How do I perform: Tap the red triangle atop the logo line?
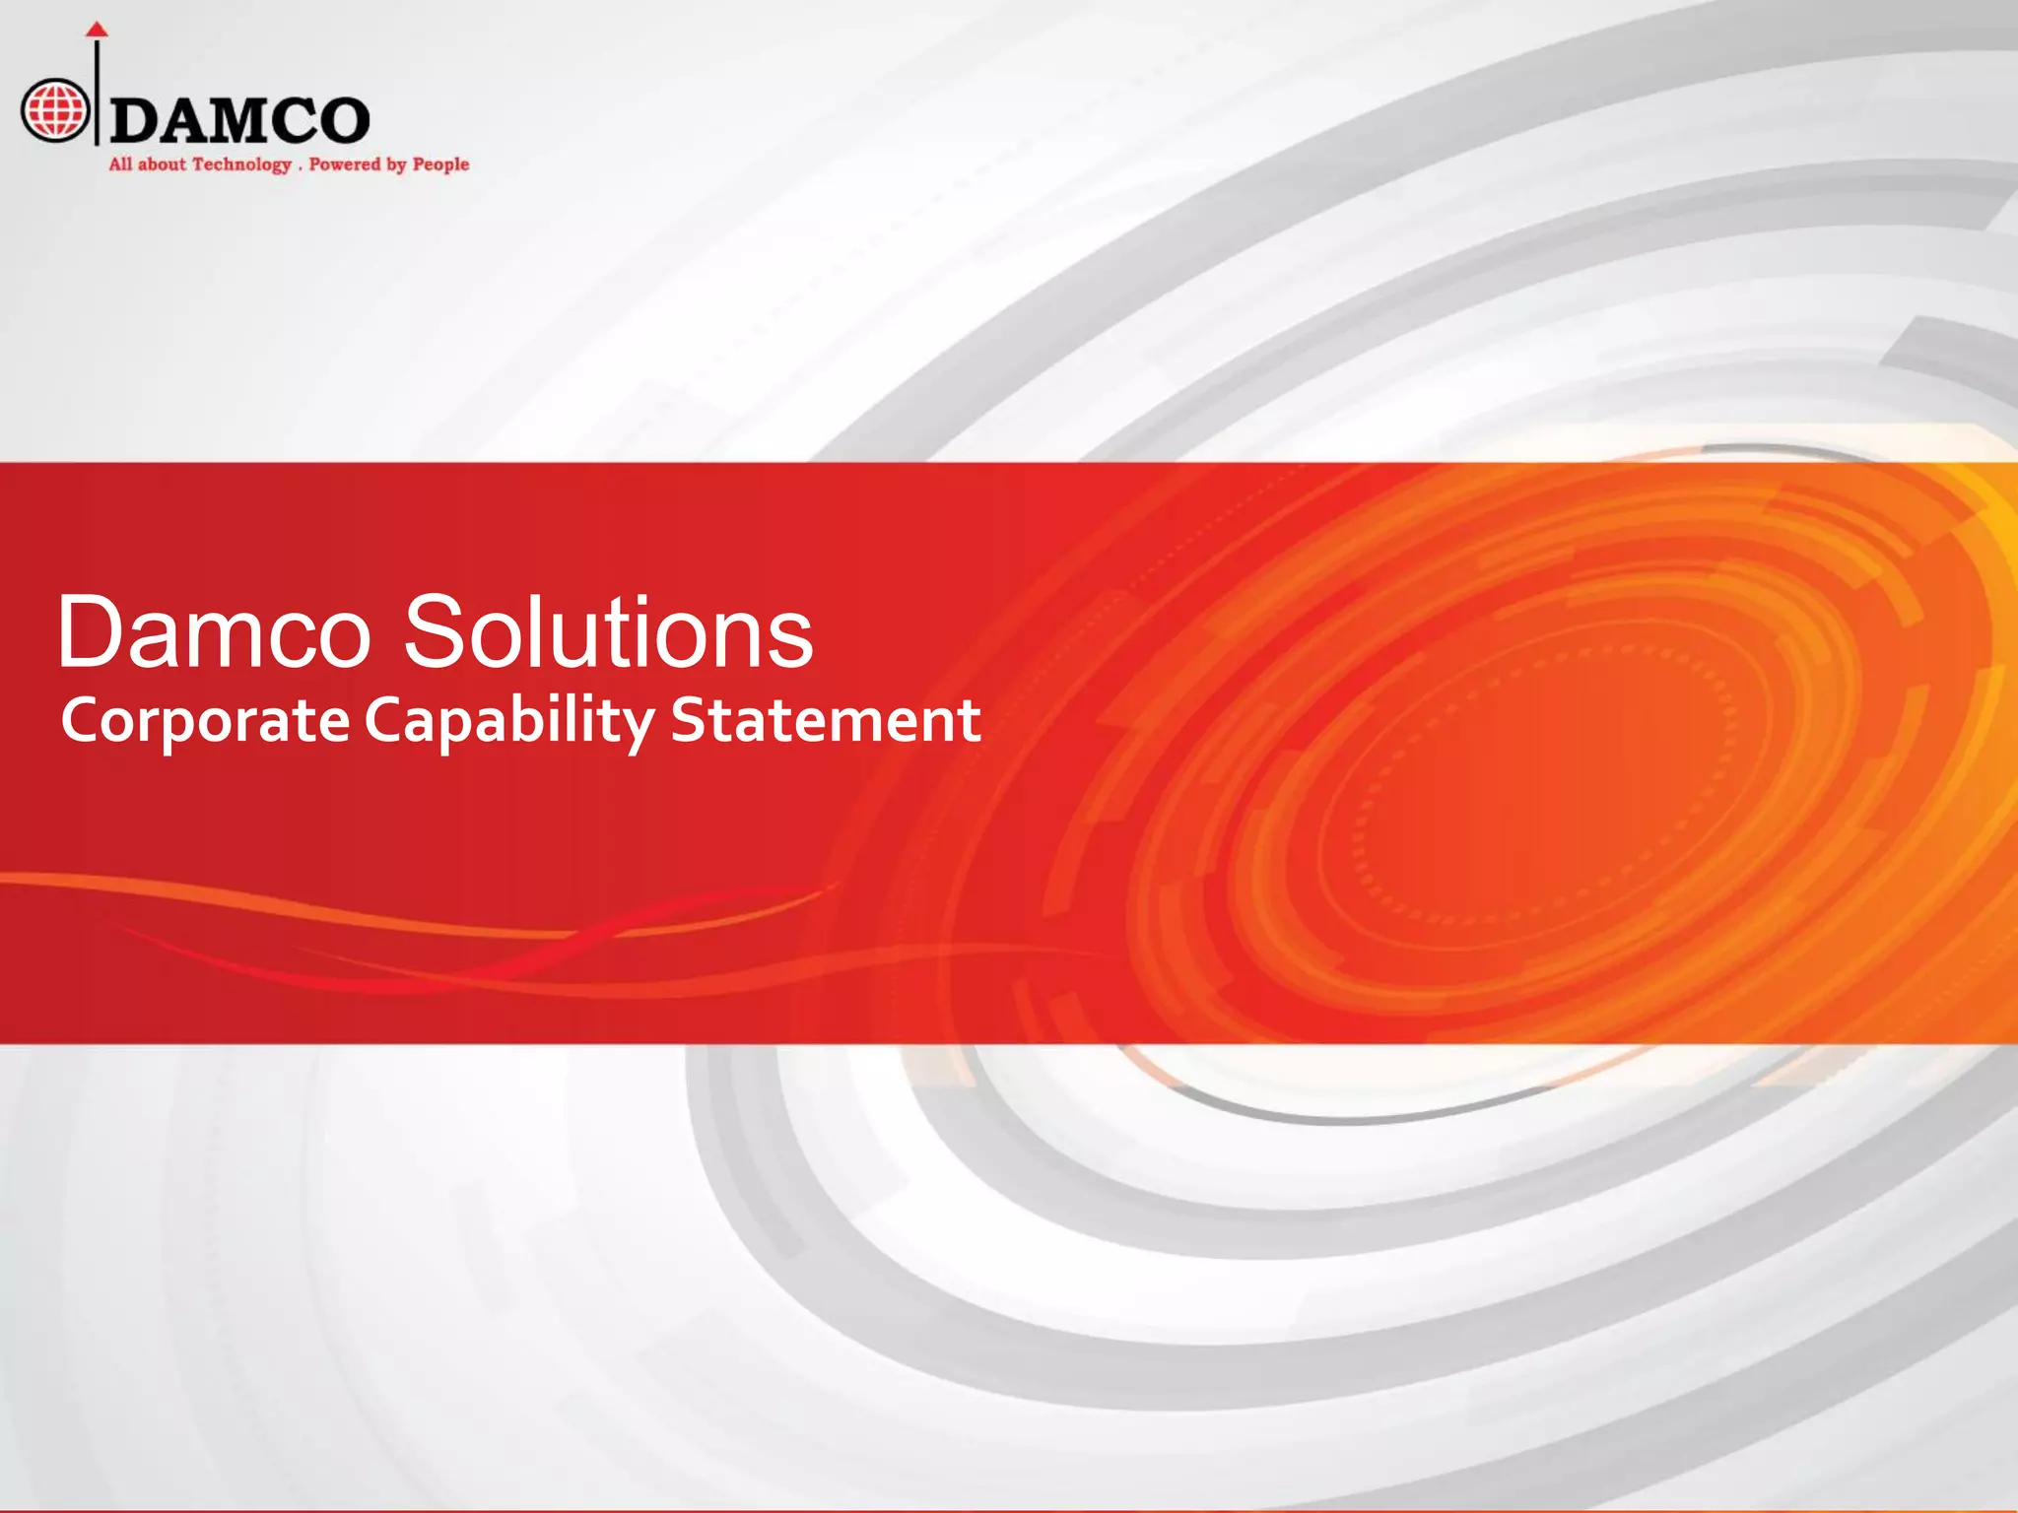[x=96, y=29]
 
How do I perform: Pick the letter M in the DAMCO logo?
[x=240, y=121]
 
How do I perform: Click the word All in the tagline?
[x=120, y=164]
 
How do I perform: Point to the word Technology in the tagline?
[x=241, y=165]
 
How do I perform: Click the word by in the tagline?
[x=396, y=165]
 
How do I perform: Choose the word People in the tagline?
[x=440, y=165]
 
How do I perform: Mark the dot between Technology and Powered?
[x=300, y=168]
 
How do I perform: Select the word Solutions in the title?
[x=608, y=632]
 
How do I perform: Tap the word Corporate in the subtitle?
[x=205, y=721]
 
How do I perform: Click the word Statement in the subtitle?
[x=826, y=720]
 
